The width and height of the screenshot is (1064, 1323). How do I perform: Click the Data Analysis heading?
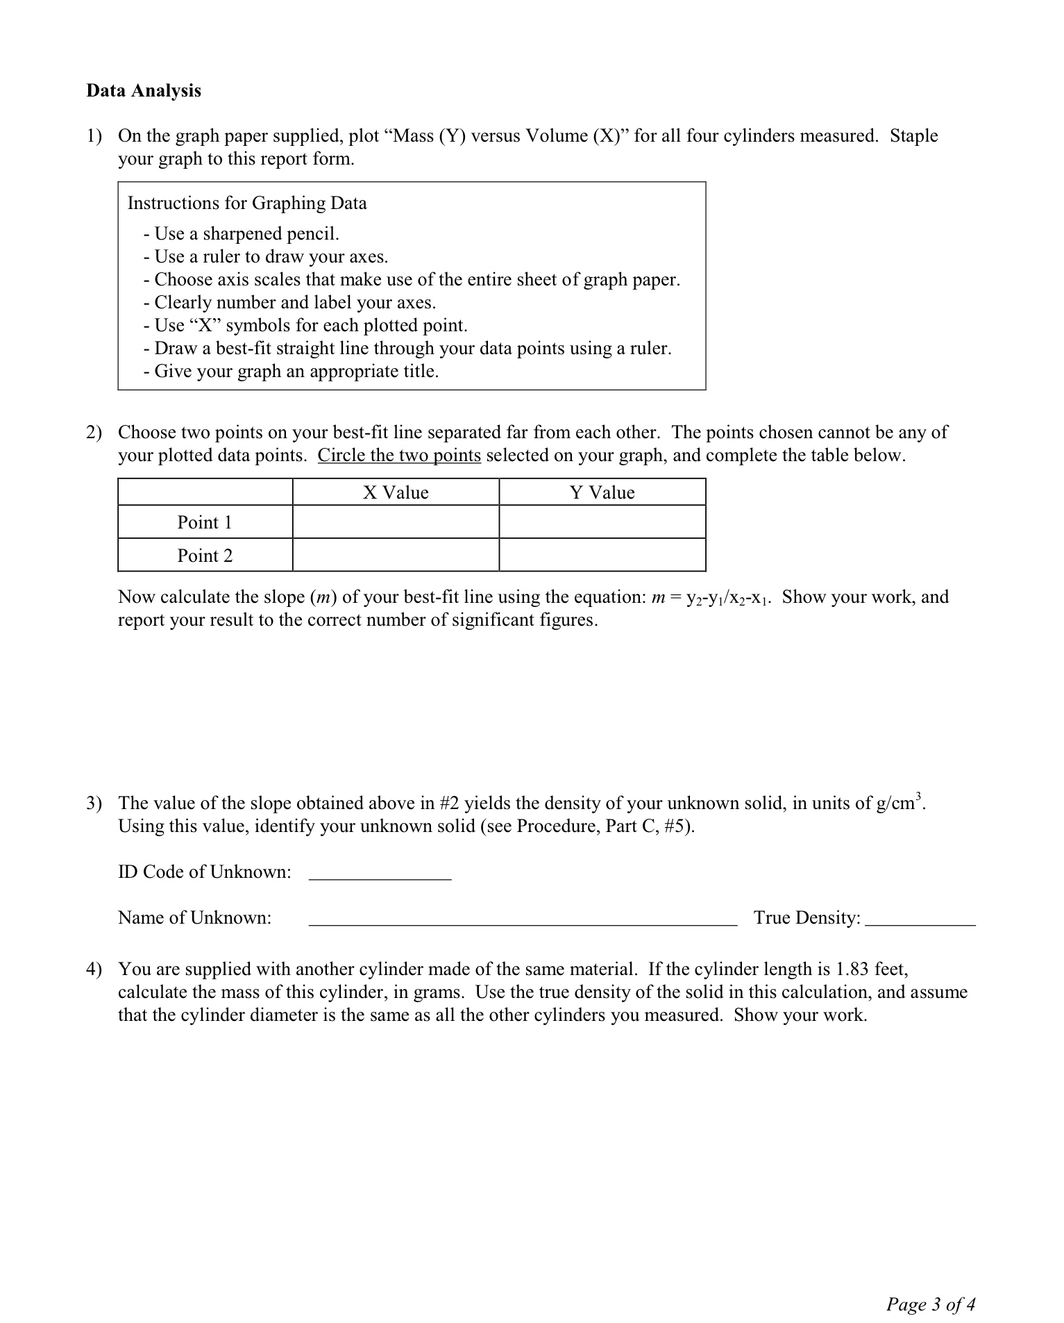144,91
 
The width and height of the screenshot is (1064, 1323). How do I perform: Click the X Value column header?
396,492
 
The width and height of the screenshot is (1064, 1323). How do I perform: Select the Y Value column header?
602,492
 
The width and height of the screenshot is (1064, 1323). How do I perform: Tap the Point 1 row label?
205,522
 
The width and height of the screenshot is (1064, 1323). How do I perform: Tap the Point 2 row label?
205,556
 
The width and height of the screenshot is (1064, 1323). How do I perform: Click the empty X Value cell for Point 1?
396,522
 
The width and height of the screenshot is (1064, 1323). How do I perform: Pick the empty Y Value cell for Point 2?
602,556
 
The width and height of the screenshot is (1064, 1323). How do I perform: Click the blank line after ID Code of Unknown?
380,874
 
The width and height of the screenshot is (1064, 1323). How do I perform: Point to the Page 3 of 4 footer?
930,1304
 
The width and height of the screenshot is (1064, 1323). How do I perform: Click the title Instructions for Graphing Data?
247,203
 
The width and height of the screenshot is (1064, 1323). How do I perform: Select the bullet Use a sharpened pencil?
242,233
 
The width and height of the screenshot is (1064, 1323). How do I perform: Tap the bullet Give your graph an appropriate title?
292,372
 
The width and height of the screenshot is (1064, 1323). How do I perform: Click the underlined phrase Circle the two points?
399,456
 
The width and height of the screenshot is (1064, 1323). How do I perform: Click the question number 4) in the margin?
94,969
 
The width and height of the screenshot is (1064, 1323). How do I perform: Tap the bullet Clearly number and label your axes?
290,303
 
